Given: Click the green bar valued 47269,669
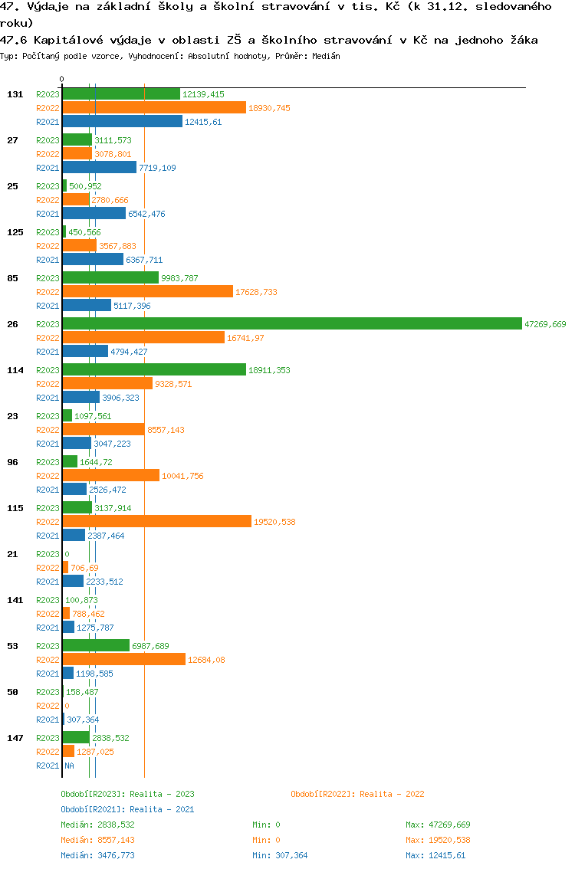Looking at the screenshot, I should point(291,324).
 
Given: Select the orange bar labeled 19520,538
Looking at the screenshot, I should point(156,521).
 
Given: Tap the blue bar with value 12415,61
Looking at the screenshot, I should point(122,121).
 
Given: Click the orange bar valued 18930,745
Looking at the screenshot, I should point(153,107).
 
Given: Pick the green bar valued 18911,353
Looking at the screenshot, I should point(154,369).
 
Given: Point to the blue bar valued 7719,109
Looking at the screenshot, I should point(99,167).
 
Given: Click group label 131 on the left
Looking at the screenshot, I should point(15,94).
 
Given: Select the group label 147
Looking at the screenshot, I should point(15,738).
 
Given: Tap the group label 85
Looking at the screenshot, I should point(12,278).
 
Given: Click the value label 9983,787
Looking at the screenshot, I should point(179,278).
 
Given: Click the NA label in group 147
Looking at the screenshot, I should point(69,766).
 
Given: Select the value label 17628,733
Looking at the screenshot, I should point(256,292).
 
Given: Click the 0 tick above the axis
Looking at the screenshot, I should point(61,79).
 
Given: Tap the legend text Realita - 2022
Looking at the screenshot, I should point(392,794).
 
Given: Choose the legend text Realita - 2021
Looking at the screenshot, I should point(162,809).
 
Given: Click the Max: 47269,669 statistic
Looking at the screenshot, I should point(438,825).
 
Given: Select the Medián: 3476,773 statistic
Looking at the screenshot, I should point(97,855).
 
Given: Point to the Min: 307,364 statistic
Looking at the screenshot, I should point(280,855).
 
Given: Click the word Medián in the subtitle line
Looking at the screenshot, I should point(327,56).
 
